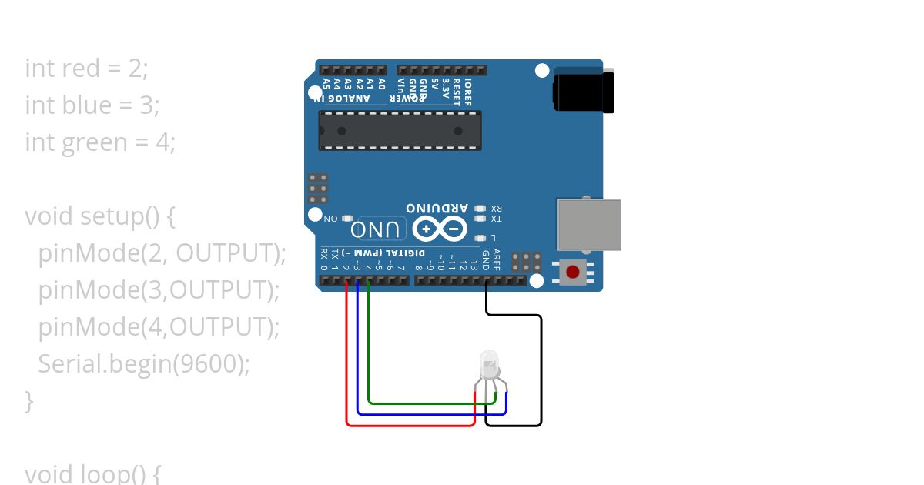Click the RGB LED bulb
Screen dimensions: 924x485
pos(489,363)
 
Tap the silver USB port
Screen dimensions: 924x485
pos(588,224)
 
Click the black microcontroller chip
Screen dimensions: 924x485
pos(400,130)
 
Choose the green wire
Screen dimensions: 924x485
pos(370,346)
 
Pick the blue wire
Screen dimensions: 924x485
pos(358,354)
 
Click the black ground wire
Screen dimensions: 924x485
pos(541,370)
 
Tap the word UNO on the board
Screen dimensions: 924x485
pos(377,229)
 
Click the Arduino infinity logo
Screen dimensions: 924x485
pos(440,229)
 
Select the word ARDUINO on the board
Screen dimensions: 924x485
pos(437,208)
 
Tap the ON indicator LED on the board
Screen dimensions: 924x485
pos(347,219)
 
